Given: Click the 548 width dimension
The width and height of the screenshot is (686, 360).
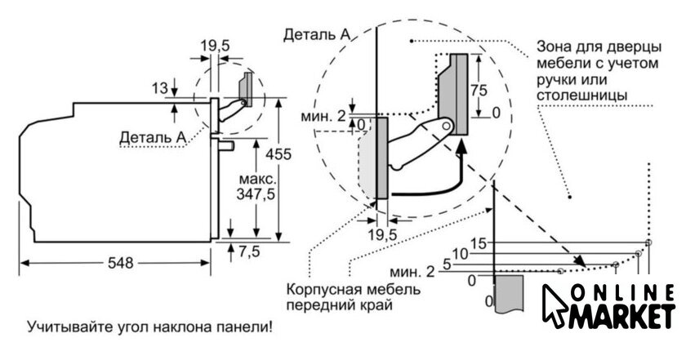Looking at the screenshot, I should pos(118,264).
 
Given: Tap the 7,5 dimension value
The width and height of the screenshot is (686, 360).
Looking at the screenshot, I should pos(248,251).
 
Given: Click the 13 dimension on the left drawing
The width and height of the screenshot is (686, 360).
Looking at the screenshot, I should pos(158,87).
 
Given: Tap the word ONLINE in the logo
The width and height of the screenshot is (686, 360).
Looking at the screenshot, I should pos(621,292).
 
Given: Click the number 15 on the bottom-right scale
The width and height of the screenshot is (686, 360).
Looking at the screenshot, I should pos(478,243).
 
